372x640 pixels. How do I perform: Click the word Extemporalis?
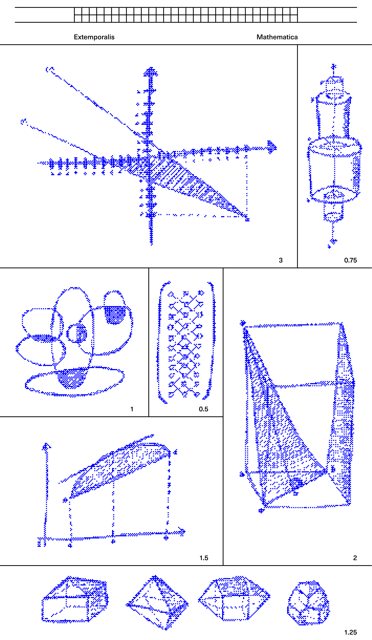point(94,37)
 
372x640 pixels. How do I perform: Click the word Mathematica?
point(277,37)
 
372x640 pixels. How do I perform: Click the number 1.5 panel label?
point(204,558)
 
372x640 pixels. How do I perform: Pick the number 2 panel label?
point(355,558)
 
